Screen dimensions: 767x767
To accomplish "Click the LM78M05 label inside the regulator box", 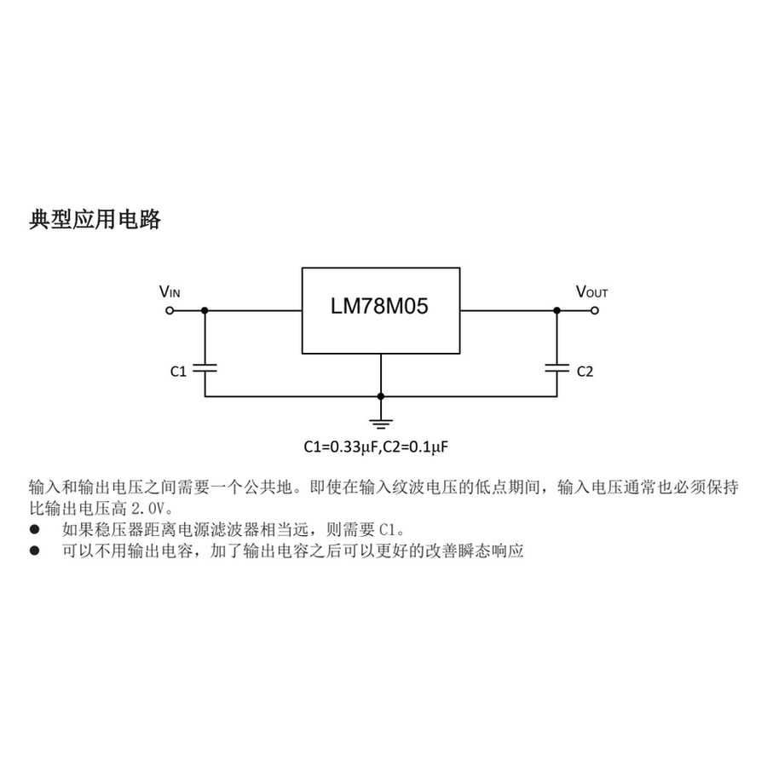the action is coord(379,306).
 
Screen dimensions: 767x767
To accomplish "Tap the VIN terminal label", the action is coord(170,292).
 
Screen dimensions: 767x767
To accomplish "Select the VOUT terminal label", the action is coord(592,292).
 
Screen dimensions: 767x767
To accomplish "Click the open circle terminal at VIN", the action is coord(170,310).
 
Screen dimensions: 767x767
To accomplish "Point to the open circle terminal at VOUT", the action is coord(595,310).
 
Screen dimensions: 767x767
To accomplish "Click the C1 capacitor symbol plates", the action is coord(205,368).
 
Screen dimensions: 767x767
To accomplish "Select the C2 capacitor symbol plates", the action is coord(557,368).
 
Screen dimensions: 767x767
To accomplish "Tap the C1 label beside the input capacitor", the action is coord(179,372).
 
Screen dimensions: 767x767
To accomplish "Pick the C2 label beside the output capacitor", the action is coord(585,372).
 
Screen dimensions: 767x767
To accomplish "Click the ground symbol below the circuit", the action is coord(381,424).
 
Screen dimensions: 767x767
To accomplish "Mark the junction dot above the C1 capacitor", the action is coord(205,310).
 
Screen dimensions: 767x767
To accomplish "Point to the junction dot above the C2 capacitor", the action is coord(557,310).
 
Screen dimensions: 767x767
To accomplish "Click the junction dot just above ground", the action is coord(381,396).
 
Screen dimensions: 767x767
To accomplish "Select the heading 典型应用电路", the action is coord(95,220).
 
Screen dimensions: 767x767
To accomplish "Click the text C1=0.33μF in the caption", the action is coord(342,447).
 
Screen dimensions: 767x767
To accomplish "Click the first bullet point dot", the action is coord(34,529).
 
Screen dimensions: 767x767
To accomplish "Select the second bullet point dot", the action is coord(34,551).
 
